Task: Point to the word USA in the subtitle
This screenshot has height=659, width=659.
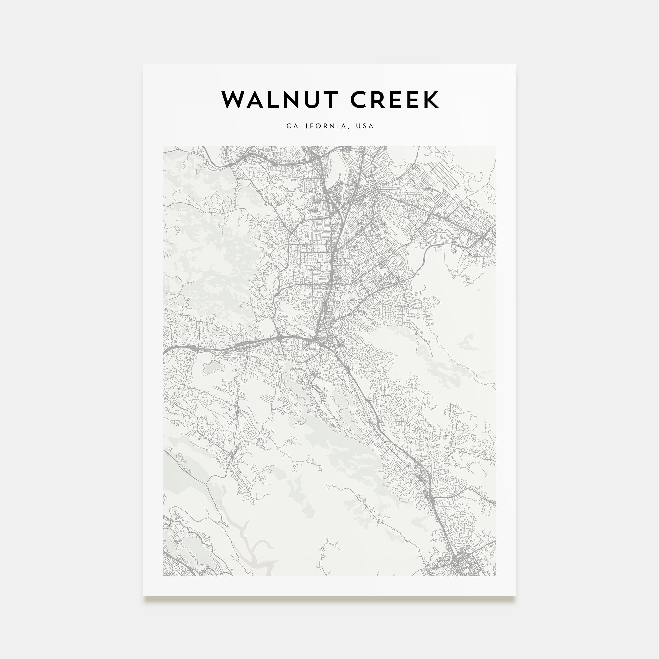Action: point(365,126)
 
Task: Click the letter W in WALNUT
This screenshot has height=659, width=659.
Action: point(235,100)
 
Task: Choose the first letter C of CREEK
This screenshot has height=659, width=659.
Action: point(358,100)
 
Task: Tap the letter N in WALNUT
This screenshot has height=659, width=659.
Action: point(290,100)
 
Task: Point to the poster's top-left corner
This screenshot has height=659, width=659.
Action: point(143,64)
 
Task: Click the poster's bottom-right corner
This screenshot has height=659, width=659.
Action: point(516,595)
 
